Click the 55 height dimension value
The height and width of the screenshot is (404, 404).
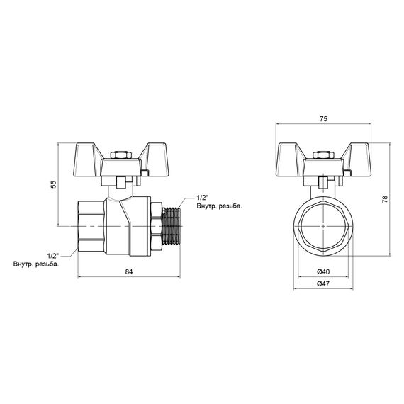[52, 185]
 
